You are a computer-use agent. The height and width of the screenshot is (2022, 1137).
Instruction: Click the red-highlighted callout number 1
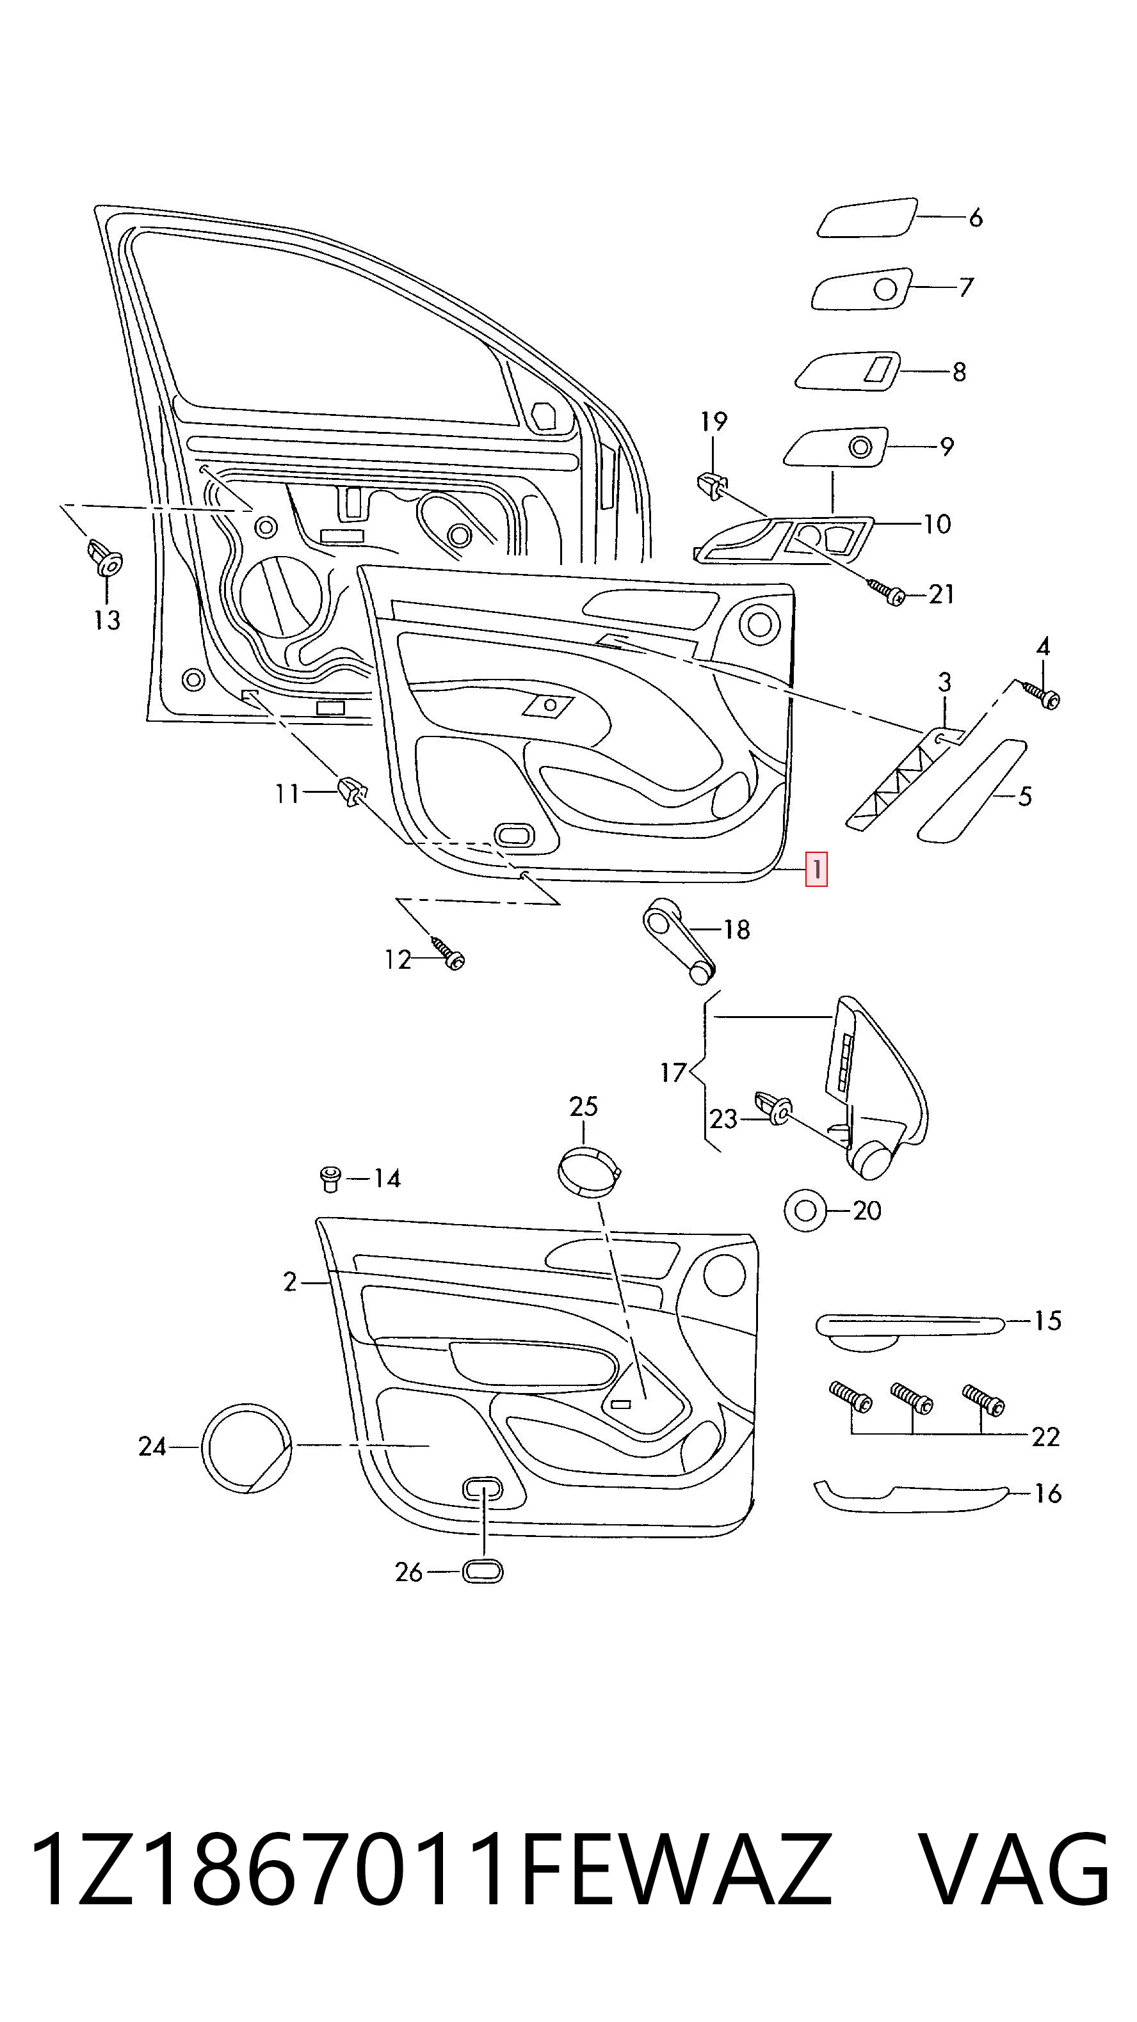click(817, 870)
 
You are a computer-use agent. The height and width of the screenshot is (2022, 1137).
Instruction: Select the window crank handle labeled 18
click(680, 941)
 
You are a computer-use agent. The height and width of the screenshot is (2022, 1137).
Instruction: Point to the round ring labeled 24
click(246, 1446)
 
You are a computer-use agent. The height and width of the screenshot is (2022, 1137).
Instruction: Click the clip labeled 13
click(104, 556)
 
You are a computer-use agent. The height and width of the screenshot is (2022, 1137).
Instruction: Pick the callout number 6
click(975, 218)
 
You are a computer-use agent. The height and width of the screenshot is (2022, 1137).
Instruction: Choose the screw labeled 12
click(447, 952)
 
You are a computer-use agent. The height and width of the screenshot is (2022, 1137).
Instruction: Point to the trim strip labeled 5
click(972, 792)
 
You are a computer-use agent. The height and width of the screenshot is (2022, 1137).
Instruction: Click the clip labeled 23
click(773, 1107)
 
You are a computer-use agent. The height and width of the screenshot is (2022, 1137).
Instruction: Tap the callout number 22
click(1046, 1437)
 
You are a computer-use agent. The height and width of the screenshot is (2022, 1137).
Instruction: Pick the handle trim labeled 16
click(910, 1496)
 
